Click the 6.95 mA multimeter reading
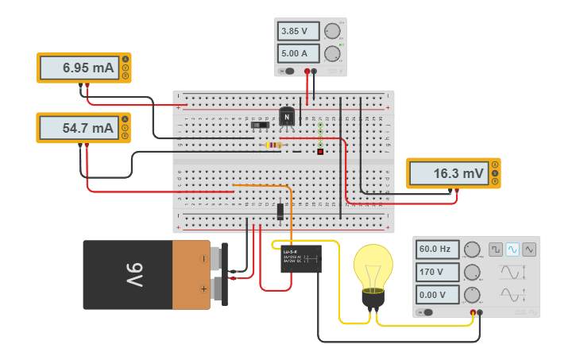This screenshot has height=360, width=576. (78, 68)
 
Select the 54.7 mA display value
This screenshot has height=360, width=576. (78, 128)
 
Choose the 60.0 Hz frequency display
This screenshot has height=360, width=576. (438, 250)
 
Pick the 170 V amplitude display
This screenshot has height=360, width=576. (438, 273)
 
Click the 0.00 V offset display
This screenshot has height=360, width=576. (438, 296)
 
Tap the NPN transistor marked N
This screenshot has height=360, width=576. (287, 117)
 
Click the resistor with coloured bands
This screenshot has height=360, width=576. (274, 145)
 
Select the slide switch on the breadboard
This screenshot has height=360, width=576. (259, 125)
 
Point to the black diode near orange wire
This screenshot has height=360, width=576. (280, 211)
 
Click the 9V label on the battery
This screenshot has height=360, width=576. (130, 275)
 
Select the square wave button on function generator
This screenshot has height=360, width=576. (496, 250)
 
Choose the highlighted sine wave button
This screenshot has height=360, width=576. (512, 250)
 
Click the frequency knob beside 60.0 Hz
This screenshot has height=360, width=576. (472, 250)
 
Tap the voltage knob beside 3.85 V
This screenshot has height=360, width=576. (331, 32)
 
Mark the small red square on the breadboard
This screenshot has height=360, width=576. (320, 152)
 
